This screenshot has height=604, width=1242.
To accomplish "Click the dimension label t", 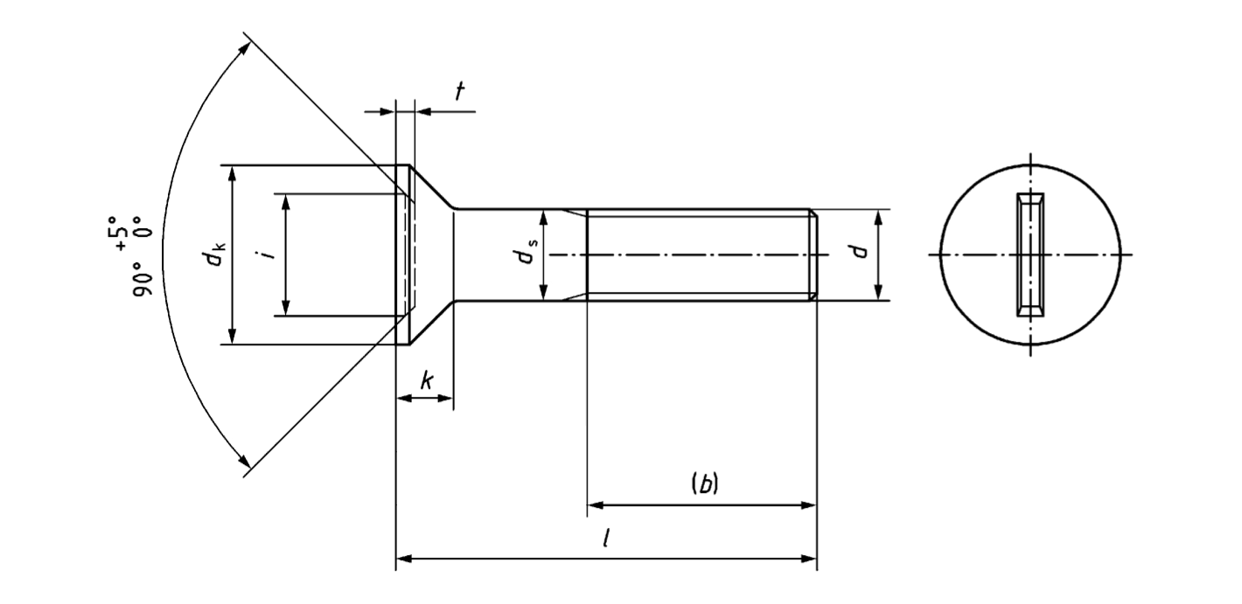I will point(460,92).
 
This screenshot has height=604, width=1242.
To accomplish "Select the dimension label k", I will point(426,380).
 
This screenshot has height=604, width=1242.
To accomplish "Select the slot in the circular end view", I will point(1031,254).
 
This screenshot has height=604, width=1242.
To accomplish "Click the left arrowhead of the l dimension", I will point(404,557).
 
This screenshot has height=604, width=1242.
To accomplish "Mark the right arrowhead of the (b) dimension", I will point(807,504).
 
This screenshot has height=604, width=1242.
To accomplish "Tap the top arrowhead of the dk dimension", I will point(232,173).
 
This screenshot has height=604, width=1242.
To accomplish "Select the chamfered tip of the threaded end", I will point(813,254).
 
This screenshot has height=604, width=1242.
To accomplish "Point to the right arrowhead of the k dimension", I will point(446,399).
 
